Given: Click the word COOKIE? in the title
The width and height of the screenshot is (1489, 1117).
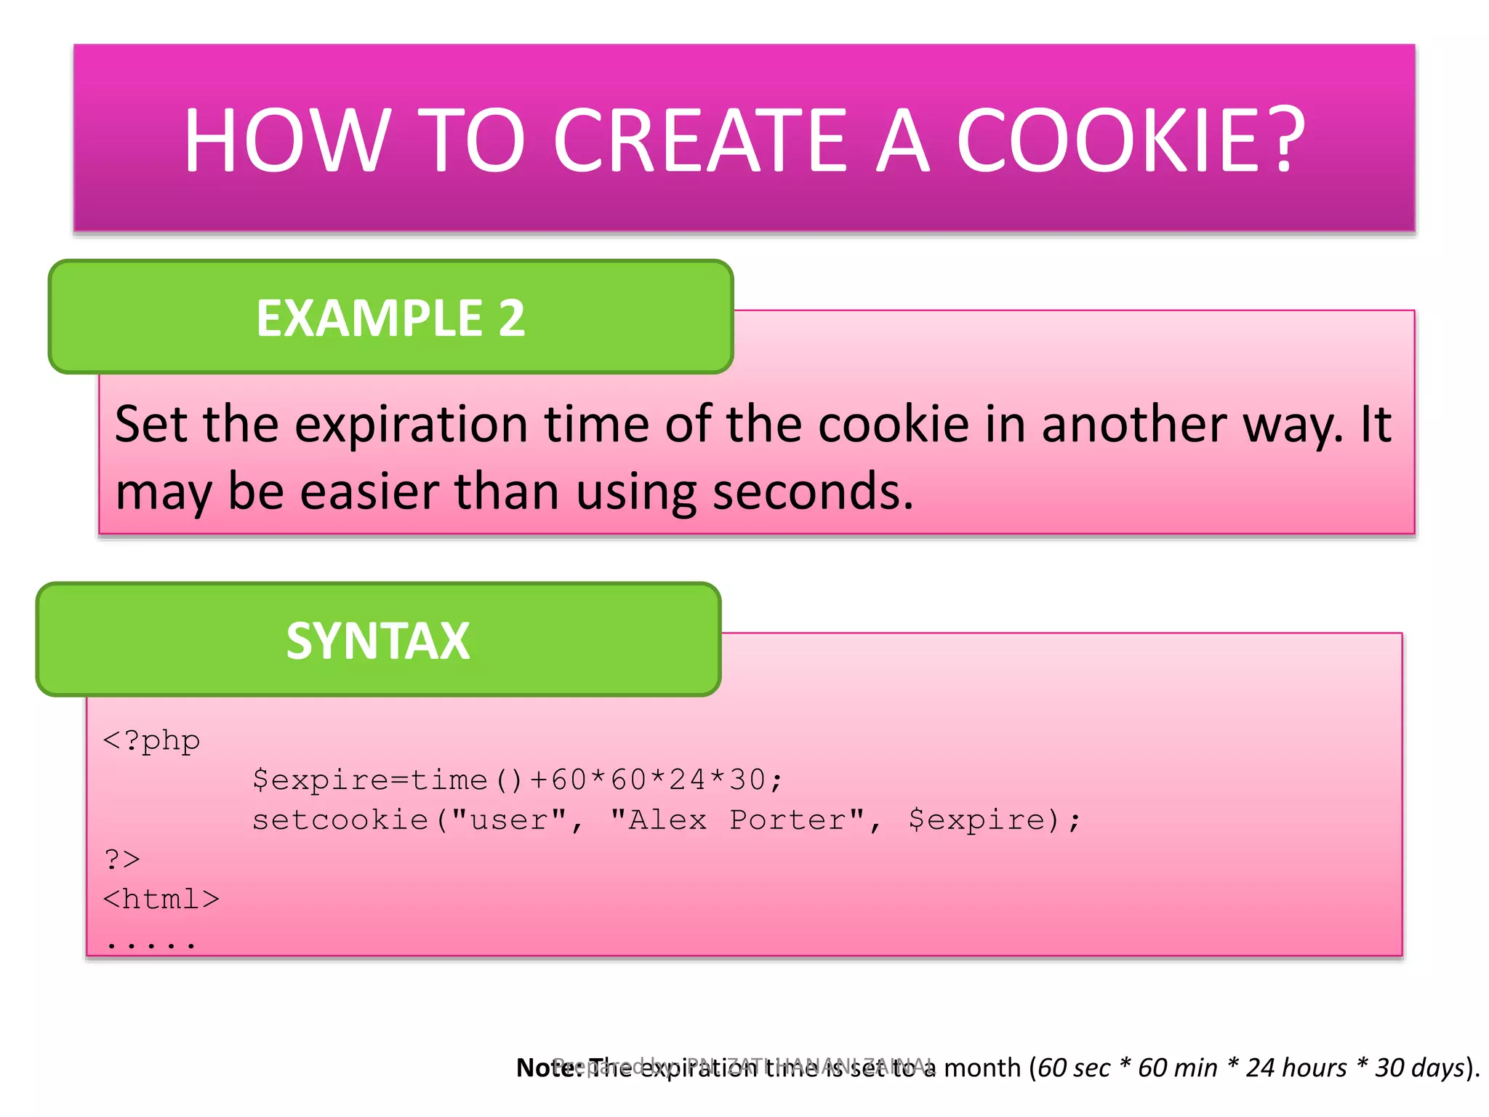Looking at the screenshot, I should (x=1131, y=140).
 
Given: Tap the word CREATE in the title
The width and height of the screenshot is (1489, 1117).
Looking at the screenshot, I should (x=700, y=140).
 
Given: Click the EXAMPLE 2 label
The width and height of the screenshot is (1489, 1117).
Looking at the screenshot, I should (x=390, y=318).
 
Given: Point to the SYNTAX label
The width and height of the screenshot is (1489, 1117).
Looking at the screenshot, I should (x=378, y=641).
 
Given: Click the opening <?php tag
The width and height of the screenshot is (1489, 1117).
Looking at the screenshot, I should (x=151, y=741).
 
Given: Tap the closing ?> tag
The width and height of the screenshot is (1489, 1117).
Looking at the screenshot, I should (x=122, y=860).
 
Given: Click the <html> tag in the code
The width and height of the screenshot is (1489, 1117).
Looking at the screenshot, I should (x=161, y=900).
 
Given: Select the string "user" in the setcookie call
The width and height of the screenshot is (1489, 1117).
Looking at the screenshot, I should (x=508, y=820).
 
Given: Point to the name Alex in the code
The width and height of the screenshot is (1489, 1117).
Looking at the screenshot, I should (x=667, y=820).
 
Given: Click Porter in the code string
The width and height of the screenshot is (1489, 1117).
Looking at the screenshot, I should (x=788, y=820).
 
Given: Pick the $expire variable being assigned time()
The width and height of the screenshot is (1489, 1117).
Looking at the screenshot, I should (x=320, y=780).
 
